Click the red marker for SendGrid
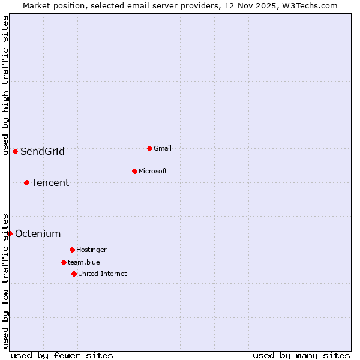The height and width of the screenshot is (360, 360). [x=15, y=151]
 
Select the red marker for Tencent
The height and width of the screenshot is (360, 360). [x=26, y=182]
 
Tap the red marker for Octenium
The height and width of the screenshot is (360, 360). [x=10, y=233]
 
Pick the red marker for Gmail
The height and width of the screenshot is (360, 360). [x=149, y=148]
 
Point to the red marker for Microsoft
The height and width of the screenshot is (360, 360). [x=134, y=171]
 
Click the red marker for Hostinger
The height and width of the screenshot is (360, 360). [x=72, y=250]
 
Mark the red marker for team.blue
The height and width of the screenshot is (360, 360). [x=64, y=262]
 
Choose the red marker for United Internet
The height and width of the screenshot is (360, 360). [x=74, y=274]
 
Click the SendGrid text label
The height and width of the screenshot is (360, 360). [x=43, y=152]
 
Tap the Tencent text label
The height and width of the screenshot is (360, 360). [x=50, y=183]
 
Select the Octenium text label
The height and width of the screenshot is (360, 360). [x=38, y=234]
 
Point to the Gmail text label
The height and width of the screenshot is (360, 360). [x=163, y=148]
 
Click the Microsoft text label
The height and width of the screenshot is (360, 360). [x=153, y=171]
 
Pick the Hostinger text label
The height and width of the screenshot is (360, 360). [x=91, y=250]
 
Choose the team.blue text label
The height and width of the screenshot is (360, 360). [x=84, y=262]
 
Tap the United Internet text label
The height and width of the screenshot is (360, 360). [x=103, y=274]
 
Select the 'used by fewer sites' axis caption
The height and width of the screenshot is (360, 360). [x=62, y=355]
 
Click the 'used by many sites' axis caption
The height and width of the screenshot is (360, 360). [x=301, y=355]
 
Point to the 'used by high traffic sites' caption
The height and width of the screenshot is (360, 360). [x=5, y=86]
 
